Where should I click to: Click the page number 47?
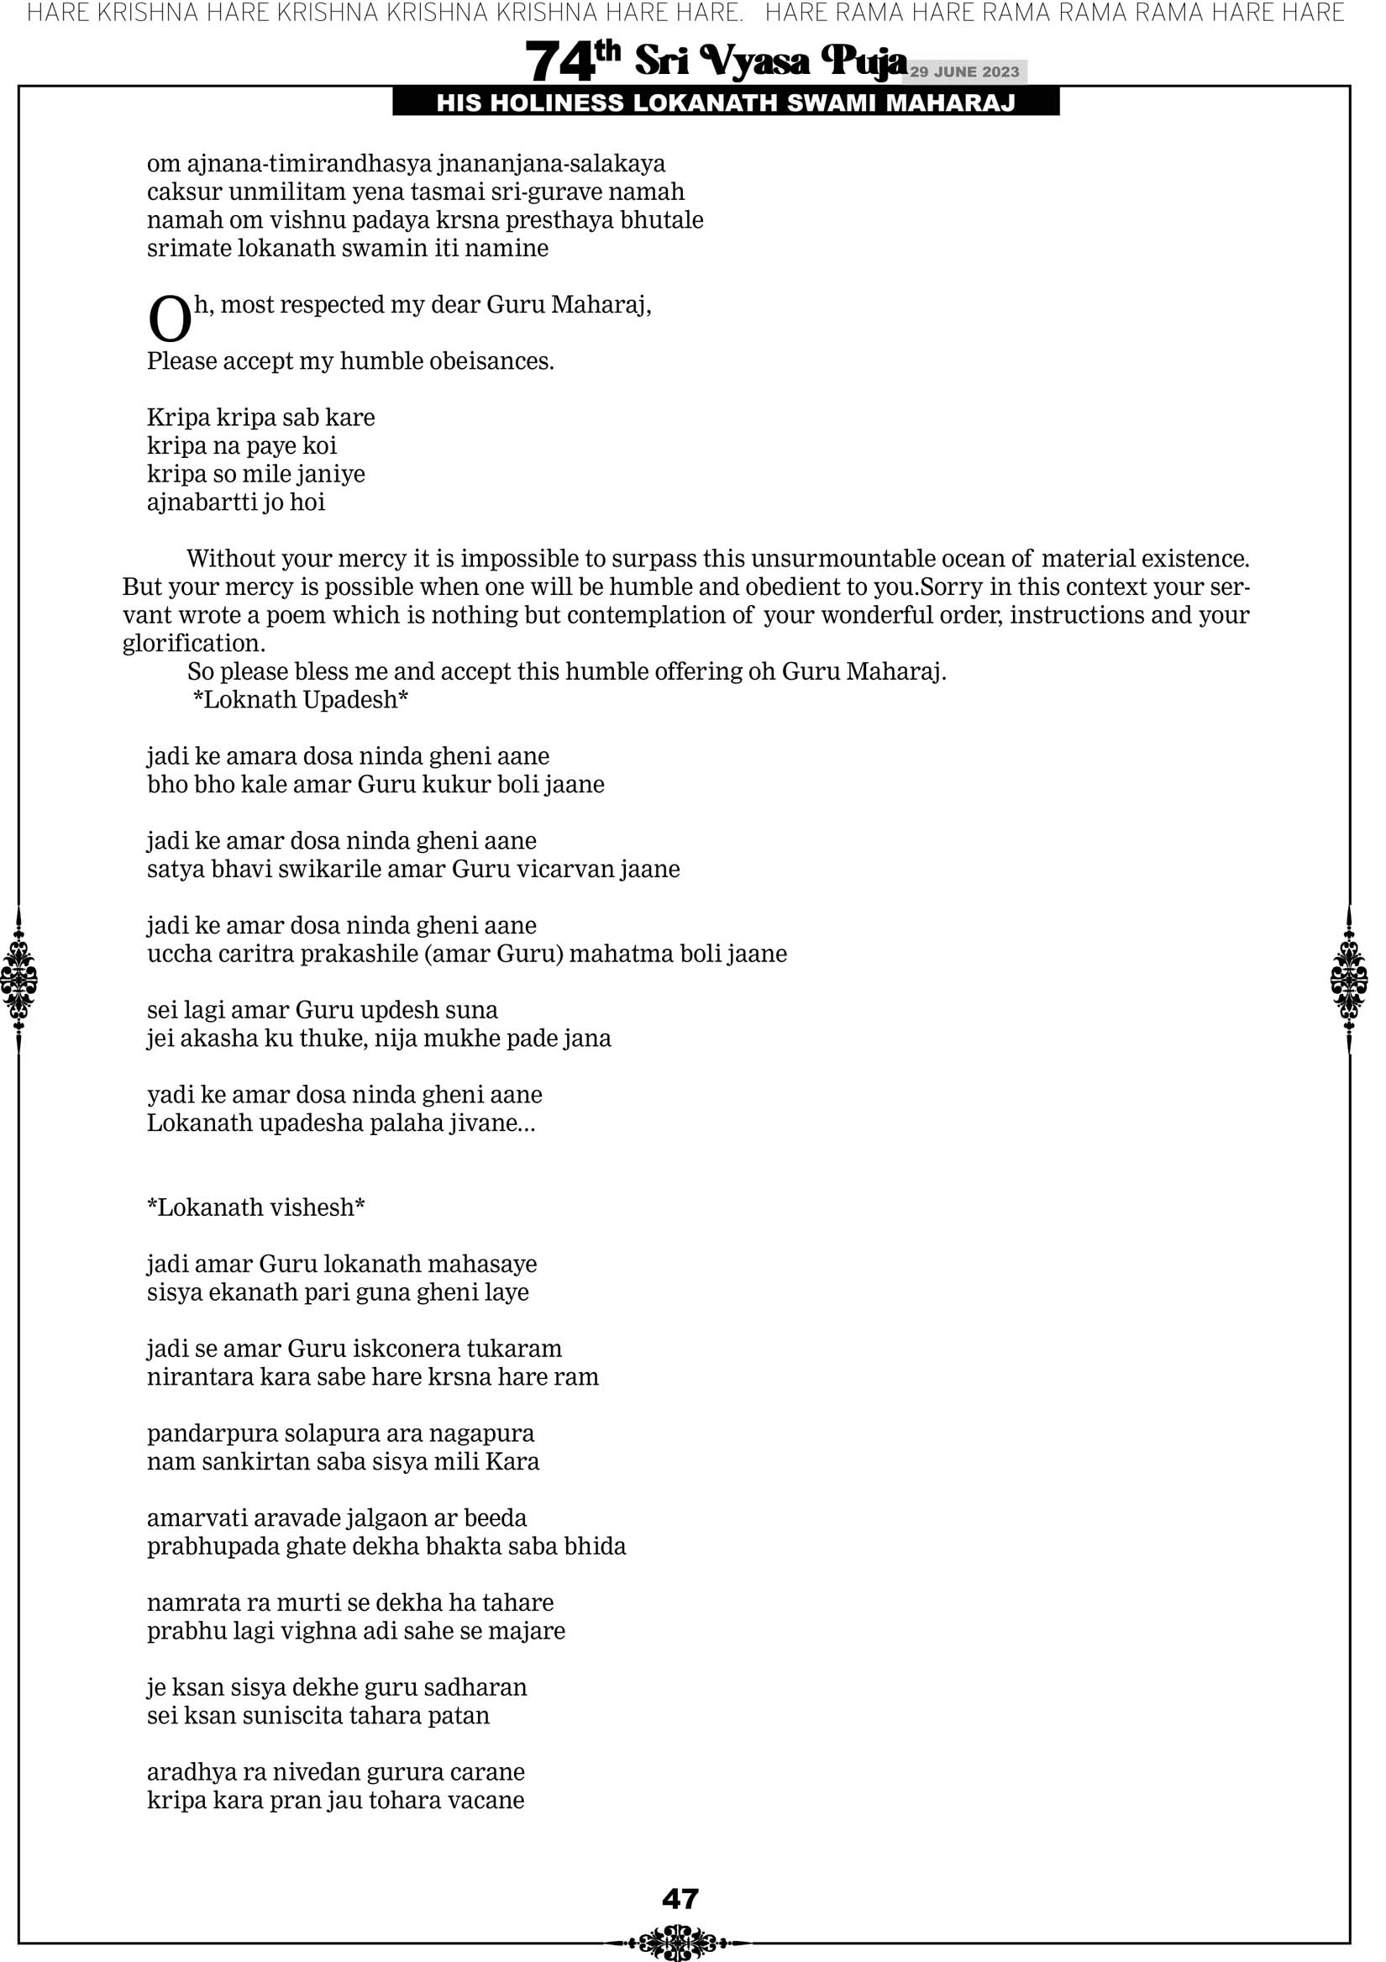point(680,1898)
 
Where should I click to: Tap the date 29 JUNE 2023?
point(963,71)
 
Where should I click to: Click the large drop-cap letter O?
point(169,319)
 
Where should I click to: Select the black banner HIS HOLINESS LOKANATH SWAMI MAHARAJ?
point(726,103)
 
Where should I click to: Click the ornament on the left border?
point(18,979)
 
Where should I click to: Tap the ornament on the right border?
point(1349,979)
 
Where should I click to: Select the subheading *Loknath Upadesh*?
point(301,700)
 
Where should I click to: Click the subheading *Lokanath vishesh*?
point(256,1207)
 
